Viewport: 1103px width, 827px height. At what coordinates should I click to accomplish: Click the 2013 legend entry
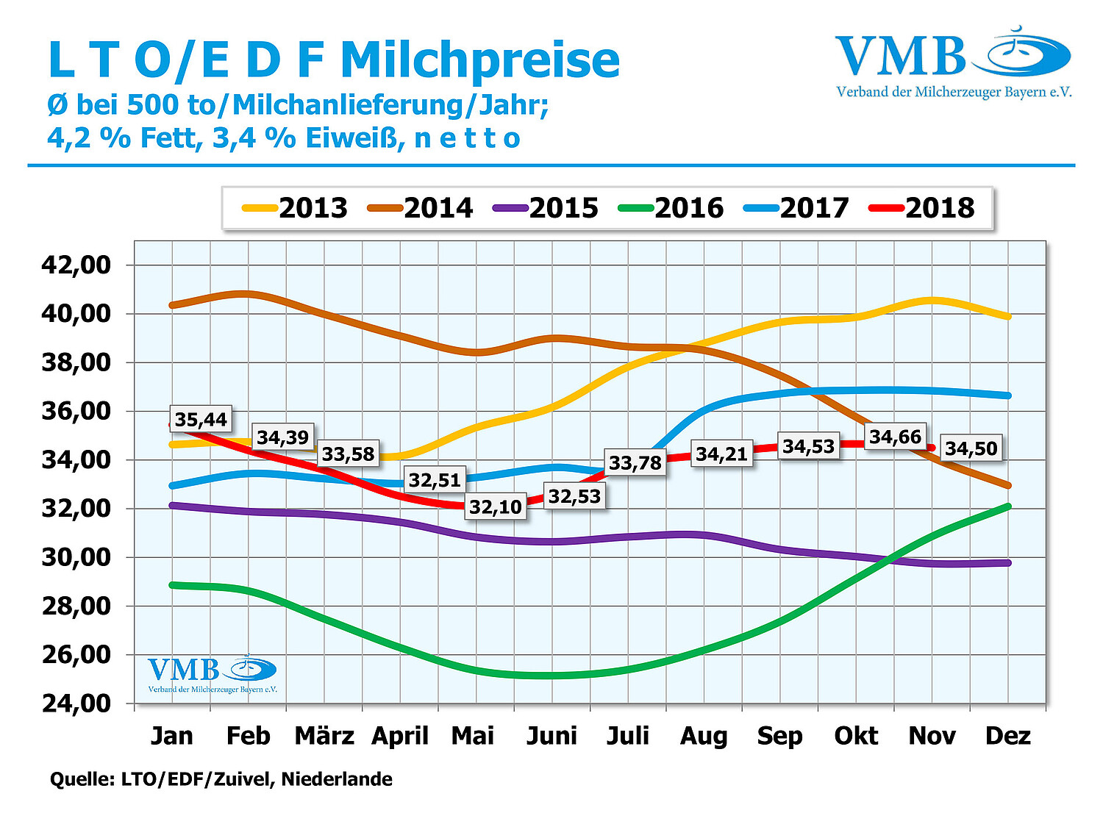click(x=296, y=208)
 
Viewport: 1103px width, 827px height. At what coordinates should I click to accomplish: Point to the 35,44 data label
click(x=201, y=420)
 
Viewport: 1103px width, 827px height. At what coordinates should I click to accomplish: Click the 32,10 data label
click(x=496, y=506)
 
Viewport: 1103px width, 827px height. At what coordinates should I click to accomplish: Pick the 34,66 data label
click(x=895, y=437)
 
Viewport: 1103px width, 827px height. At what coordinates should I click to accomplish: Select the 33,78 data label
click(x=635, y=463)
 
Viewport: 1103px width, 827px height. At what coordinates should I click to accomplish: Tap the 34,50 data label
click(x=971, y=448)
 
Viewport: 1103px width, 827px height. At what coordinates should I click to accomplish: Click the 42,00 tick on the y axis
click(x=76, y=265)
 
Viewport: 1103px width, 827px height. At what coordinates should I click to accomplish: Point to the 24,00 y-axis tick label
click(x=76, y=704)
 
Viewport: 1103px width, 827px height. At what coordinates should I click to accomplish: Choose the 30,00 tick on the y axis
click(x=76, y=557)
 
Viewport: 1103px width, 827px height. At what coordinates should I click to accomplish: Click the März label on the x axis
click(x=324, y=736)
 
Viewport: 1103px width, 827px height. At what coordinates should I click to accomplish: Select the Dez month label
click(x=1007, y=736)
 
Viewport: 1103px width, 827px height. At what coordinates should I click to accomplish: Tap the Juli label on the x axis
click(x=628, y=736)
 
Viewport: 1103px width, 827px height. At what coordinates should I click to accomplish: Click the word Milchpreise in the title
click(x=480, y=60)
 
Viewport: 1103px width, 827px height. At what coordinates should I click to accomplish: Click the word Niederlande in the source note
click(x=337, y=779)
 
